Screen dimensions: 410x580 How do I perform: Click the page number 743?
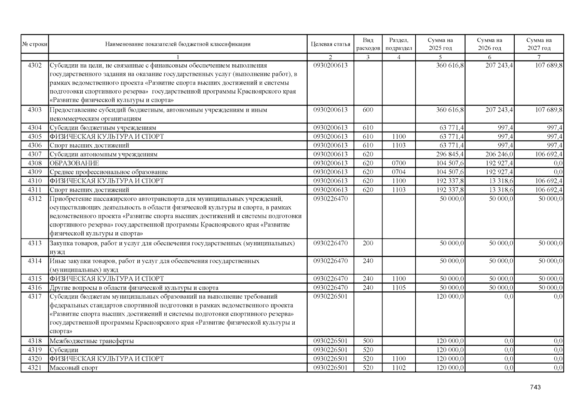535,387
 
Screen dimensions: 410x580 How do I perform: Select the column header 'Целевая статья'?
330,44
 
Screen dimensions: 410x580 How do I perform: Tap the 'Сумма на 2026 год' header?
489,44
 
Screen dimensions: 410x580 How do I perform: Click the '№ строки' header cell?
35,44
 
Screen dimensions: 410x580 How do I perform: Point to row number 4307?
35,154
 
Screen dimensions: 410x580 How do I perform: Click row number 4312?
35,199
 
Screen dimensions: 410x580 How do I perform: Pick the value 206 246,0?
499,154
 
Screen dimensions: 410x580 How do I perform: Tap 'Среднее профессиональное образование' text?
109,172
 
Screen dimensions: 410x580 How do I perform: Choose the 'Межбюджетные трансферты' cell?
92,341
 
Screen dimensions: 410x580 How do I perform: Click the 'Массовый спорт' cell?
74,368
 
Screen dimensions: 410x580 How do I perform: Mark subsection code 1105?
399,287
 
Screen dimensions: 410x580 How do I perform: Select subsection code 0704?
399,172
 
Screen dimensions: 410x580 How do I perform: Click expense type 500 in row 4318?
368,341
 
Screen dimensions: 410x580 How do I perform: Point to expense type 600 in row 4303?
368,110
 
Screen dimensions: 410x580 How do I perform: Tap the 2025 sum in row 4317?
450,296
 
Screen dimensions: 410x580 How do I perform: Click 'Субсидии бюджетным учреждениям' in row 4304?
103,127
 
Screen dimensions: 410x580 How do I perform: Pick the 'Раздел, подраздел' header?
399,44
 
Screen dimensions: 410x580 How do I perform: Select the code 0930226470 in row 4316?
330,287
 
